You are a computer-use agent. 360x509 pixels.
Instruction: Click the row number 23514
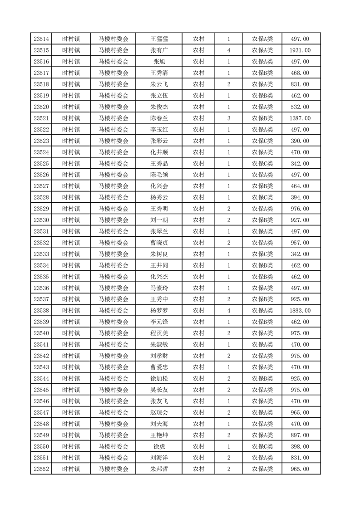tap(41, 39)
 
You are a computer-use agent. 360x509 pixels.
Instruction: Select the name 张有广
tap(159, 50)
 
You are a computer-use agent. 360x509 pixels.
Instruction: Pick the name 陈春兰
tap(159, 118)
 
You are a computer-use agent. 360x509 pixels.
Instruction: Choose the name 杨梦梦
tap(159, 310)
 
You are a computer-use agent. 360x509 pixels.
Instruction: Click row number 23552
tap(41, 469)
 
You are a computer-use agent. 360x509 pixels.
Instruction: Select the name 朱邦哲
tap(159, 469)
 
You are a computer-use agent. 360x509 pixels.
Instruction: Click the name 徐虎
tap(159, 446)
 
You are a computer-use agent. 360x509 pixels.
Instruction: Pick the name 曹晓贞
tap(159, 243)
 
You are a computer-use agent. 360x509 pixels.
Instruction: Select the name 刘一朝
tap(159, 220)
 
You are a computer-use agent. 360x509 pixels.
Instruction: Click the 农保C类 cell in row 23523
tap(262, 141)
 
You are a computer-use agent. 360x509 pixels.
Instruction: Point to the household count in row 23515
tap(228, 50)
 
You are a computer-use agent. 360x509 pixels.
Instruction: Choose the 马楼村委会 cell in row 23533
tap(113, 254)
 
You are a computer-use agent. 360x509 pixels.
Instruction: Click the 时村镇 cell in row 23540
tap(71, 333)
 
